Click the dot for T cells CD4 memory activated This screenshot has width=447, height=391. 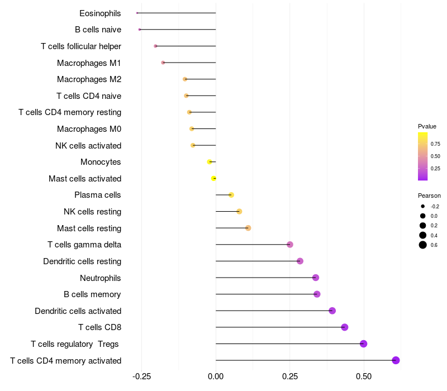[x=396, y=360]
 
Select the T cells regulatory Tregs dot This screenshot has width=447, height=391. [x=364, y=344]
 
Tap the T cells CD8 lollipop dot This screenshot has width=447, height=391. [x=345, y=327]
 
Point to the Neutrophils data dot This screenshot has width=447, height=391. [x=316, y=278]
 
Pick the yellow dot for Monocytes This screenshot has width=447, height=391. [x=210, y=162]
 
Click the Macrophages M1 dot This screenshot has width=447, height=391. [x=163, y=63]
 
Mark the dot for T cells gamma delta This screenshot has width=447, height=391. [x=290, y=245]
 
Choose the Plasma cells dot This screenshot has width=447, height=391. [x=231, y=195]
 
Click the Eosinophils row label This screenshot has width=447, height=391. [x=100, y=13]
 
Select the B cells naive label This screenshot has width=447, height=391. [x=98, y=30]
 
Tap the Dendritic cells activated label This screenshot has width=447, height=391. [x=78, y=311]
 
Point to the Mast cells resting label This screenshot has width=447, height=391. [x=89, y=228]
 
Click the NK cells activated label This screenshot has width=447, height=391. [x=88, y=146]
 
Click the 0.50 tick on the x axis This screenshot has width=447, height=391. [x=364, y=377]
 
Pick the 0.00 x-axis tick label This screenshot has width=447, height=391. [x=216, y=377]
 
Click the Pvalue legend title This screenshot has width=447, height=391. [x=427, y=126]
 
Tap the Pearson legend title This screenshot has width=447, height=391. [x=429, y=195]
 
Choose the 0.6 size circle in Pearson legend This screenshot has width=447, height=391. [x=423, y=245]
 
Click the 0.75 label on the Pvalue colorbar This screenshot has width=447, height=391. [x=435, y=144]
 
